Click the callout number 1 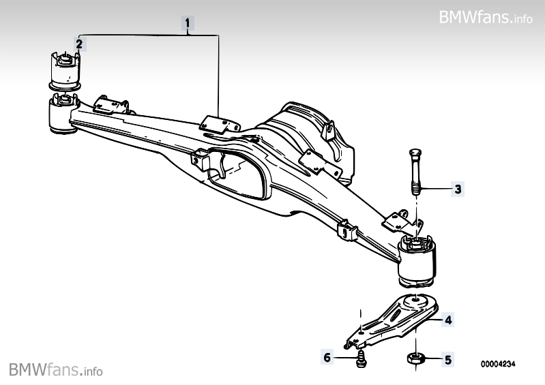[x=188, y=24]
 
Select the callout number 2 [x=79, y=44]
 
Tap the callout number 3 [x=458, y=189]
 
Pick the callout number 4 [x=448, y=320]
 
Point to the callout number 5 [x=448, y=360]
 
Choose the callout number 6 [x=327, y=357]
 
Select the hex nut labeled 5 [x=415, y=358]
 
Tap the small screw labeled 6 [x=361, y=359]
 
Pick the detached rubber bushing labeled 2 [x=64, y=70]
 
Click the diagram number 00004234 [x=498, y=364]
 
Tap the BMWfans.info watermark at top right [x=486, y=16]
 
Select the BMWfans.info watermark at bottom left [x=56, y=369]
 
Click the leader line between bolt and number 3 [x=436, y=189]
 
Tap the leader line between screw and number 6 [x=345, y=357]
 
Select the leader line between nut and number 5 [x=432, y=359]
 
